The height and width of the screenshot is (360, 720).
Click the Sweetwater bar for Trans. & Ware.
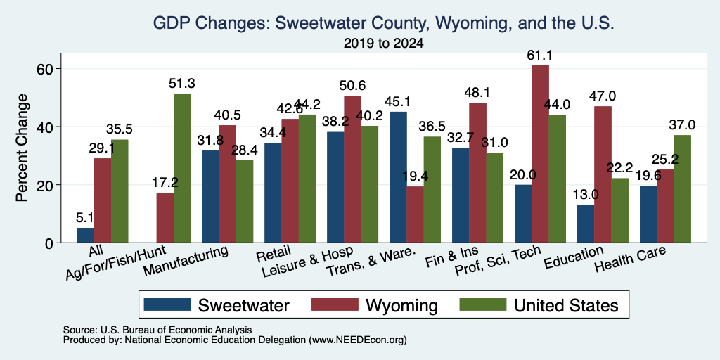(398, 177)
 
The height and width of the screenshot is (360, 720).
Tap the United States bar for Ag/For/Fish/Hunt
(182, 168)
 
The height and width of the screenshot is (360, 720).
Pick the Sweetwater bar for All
(85, 235)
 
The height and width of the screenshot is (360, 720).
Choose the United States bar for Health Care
(682, 188)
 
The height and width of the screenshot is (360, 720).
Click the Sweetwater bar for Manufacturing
(210, 197)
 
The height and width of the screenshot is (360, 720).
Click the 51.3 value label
(182, 84)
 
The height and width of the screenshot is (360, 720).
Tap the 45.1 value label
(398, 102)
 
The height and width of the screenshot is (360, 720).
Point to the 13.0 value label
(586, 195)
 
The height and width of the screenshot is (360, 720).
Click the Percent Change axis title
(22, 148)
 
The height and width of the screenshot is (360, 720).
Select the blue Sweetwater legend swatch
(167, 304)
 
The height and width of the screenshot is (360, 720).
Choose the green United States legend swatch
(483, 304)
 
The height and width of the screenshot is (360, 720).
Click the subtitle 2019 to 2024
(383, 44)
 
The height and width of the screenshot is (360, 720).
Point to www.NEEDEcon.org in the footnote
(358, 340)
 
